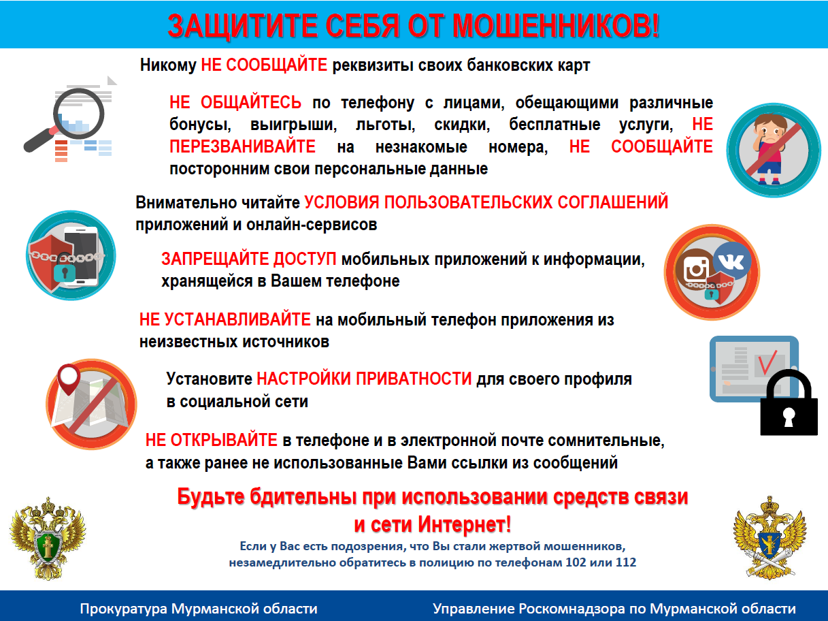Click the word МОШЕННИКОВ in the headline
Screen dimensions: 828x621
coord(556,26)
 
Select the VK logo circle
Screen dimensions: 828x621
coord(731,261)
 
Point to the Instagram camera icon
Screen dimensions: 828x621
coord(695,270)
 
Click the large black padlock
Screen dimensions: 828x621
coord(789,402)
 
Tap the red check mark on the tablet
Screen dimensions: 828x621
coord(767,362)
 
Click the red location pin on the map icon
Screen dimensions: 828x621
coord(69,379)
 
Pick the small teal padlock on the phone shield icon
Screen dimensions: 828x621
coord(65,272)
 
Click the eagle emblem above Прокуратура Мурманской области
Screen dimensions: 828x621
coord(48,539)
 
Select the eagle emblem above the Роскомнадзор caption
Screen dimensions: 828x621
coord(769,537)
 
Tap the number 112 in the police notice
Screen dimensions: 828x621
coord(626,562)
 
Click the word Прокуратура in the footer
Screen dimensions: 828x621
coord(123,609)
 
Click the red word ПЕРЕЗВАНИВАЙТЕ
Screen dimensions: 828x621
coord(243,146)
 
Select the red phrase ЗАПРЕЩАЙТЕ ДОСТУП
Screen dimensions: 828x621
coord(248,259)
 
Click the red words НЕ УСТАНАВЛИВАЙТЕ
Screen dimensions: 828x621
coord(225,319)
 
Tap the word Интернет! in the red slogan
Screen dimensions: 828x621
coord(465,524)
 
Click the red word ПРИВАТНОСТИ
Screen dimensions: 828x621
coord(414,379)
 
